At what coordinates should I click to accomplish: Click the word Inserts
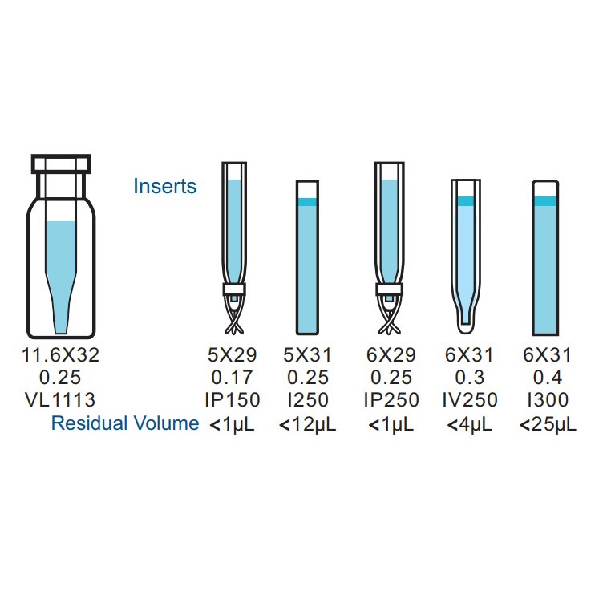point(165,186)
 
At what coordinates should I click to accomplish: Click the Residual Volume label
point(125,423)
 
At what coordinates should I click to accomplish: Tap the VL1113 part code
point(60,399)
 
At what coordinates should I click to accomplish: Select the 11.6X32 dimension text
point(61,354)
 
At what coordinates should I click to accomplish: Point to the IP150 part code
point(233,399)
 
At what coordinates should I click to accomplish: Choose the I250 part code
point(308,399)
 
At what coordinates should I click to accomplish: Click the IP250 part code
point(391,399)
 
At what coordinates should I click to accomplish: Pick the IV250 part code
point(470,399)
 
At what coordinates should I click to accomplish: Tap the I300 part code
point(548,399)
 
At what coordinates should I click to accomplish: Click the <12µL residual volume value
point(308,424)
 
